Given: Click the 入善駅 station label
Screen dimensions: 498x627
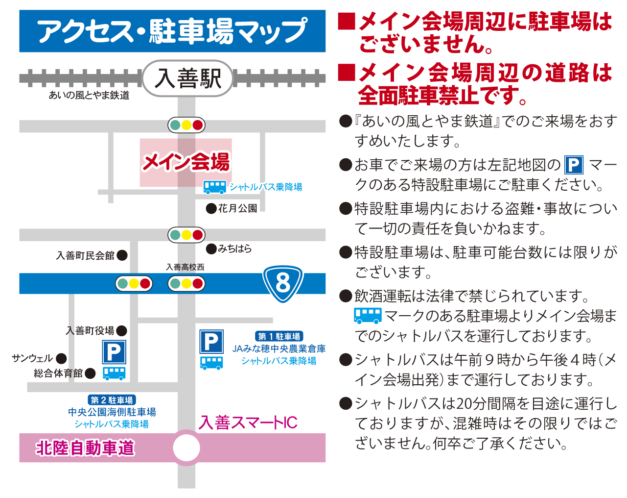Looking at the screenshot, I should [x=188, y=78].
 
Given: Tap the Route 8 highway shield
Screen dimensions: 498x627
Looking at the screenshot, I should [x=283, y=283].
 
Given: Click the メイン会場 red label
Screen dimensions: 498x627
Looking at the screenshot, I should [x=186, y=162].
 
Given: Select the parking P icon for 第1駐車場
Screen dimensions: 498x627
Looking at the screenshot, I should [x=211, y=342].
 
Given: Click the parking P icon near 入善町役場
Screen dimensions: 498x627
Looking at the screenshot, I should [x=114, y=352].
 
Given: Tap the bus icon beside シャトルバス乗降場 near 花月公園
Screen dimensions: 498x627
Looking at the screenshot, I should [x=214, y=187].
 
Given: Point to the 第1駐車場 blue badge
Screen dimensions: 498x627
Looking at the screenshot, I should [x=279, y=336].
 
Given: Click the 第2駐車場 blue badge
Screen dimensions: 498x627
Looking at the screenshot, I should [x=112, y=400].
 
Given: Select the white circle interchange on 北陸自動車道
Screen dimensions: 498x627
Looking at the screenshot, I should [x=186, y=448].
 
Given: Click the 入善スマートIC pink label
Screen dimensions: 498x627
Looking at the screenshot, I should [x=248, y=423].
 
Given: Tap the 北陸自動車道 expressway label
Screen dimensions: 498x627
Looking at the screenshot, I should [x=85, y=448].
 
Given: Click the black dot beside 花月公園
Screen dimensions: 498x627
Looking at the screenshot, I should [x=211, y=209].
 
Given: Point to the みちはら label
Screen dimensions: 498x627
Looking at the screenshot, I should [x=235, y=249].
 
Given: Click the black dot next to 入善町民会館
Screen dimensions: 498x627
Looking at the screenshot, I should [x=122, y=255].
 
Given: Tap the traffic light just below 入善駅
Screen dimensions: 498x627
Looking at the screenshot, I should [x=186, y=125].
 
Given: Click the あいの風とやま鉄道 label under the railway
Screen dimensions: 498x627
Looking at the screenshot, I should [x=89, y=95].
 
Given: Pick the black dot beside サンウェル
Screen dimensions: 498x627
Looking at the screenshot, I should [x=61, y=358].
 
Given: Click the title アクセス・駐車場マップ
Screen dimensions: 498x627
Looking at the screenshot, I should [x=172, y=31].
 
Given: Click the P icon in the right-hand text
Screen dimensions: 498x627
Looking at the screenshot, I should [x=574, y=165].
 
